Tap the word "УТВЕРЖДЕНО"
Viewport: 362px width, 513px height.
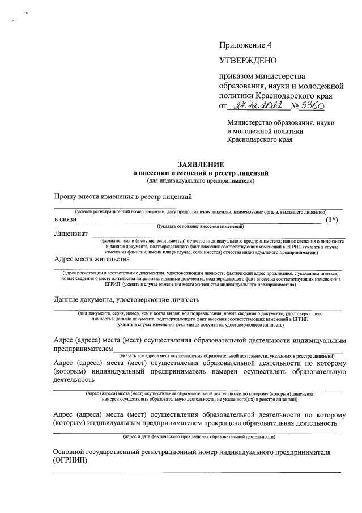[248, 60]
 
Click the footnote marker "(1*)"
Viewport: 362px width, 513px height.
[332, 219]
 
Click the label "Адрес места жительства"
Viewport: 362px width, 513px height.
[92, 259]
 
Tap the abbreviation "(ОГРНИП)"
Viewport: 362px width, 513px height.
[70, 463]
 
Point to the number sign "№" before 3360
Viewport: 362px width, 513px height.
[295, 106]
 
